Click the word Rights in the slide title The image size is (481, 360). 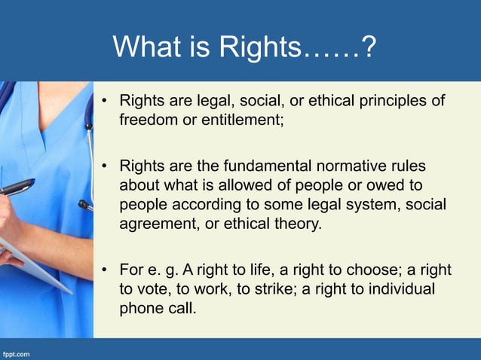260,47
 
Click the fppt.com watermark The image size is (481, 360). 16,352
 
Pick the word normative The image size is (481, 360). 354,166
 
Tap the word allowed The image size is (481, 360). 229,185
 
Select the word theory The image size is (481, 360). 299,224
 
